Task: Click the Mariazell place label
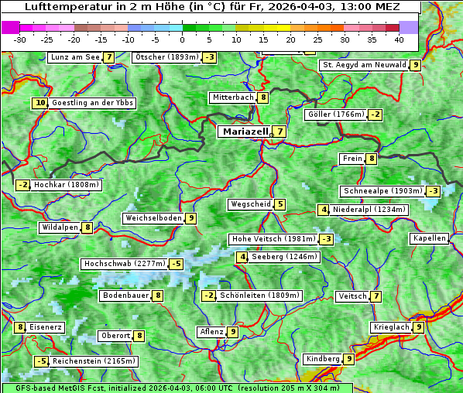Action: (245, 132)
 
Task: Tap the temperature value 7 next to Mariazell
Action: (279, 132)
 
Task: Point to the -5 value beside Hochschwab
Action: (176, 264)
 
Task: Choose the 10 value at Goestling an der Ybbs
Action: (39, 103)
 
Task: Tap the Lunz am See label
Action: (74, 57)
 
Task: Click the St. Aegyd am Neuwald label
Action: (364, 65)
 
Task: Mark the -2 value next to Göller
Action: (375, 114)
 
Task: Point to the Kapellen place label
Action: (429, 238)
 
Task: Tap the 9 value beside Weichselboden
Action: (190, 218)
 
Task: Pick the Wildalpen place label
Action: (60, 227)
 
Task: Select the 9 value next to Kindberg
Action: (349, 359)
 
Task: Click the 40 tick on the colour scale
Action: (399, 39)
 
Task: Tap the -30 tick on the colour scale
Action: (20, 39)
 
